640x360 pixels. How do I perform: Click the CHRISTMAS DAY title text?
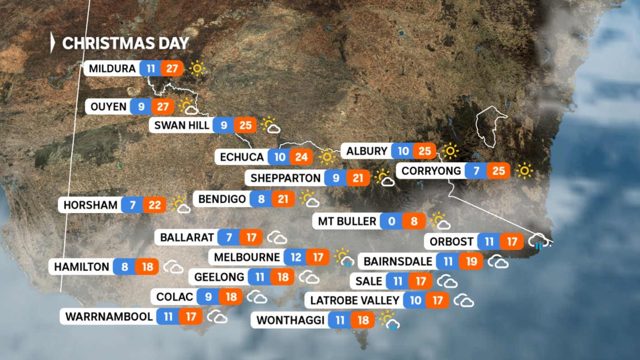click(125, 43)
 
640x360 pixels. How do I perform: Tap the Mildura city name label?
click(112, 69)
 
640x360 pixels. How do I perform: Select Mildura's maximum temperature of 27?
click(172, 69)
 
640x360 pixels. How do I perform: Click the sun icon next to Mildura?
click(197, 69)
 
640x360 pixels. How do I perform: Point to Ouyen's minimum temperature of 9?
click(141, 107)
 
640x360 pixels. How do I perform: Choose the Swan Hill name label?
click(182, 125)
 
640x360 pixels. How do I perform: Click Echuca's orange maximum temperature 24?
click(301, 157)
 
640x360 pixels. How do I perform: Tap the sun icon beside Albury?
click(450, 151)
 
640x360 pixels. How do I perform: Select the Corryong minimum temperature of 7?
click(476, 171)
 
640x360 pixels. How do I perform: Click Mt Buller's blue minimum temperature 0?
click(391, 221)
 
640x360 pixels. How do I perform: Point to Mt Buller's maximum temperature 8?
click(414, 221)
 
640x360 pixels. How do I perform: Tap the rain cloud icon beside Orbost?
click(538, 242)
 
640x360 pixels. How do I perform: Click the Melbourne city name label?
click(247, 257)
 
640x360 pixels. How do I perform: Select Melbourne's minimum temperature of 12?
click(296, 257)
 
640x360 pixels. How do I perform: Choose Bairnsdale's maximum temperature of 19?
click(471, 261)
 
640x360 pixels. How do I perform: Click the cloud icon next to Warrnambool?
click(217, 317)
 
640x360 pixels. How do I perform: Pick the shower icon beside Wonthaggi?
click(389, 320)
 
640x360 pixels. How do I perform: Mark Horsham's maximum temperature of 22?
click(155, 205)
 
